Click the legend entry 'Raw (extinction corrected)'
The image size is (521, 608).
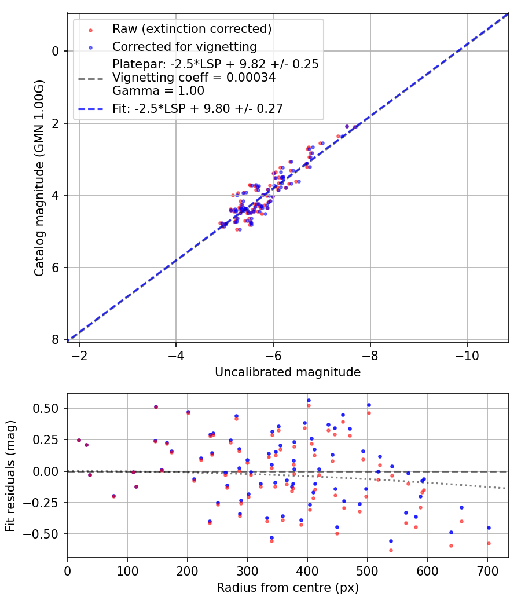[192, 29]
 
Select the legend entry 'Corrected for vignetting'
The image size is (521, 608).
[185, 47]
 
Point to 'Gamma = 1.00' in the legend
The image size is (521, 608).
[158, 91]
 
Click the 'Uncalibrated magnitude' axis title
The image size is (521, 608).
[288, 372]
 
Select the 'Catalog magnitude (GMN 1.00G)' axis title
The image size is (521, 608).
[39, 178]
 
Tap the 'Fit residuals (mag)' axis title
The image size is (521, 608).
[10, 476]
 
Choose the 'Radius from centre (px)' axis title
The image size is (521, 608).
[288, 588]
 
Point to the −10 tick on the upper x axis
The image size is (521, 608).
[467, 356]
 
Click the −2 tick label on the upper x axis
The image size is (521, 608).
[79, 356]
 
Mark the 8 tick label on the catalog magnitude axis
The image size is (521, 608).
[55, 340]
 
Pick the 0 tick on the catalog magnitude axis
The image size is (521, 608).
[55, 51]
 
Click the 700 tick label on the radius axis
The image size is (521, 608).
[487, 571]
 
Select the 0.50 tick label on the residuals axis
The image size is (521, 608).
[45, 408]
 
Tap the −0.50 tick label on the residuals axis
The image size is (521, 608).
[41, 534]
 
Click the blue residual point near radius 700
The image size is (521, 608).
[489, 528]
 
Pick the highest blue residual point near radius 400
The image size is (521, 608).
[309, 401]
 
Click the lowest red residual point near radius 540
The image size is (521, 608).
[391, 550]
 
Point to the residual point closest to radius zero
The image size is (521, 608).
[79, 440]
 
